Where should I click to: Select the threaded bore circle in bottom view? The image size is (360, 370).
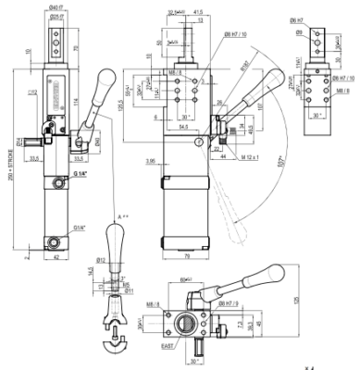(190, 325)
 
